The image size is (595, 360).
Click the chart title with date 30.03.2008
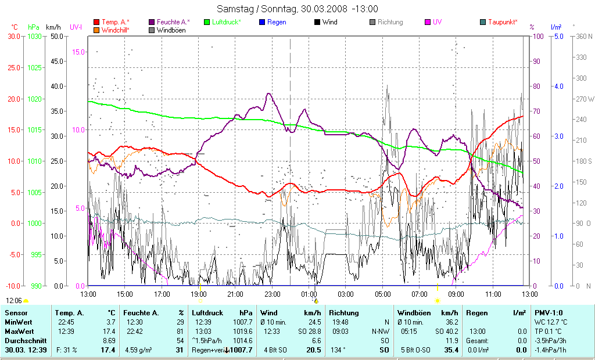coord(297,9)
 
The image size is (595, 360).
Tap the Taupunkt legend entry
coord(503,22)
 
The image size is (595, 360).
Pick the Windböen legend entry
coord(171,30)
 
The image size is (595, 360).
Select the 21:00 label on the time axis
coord(235,294)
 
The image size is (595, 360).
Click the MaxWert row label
coord(19,330)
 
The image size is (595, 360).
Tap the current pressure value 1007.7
coord(241,350)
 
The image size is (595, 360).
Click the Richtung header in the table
coord(343,313)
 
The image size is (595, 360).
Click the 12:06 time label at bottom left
coord(13,300)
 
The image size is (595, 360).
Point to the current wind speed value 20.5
coord(313,350)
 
